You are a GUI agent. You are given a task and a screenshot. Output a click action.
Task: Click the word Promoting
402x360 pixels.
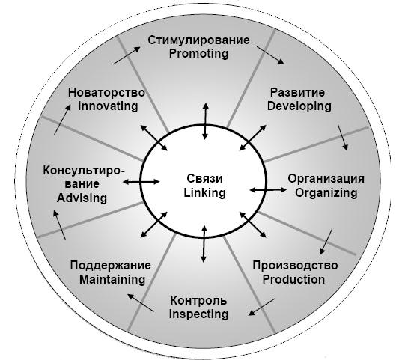click(198, 55)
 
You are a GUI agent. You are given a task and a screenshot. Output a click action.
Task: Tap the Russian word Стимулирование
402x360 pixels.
click(198, 40)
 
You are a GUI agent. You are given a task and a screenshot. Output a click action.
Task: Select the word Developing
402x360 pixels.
click(299, 106)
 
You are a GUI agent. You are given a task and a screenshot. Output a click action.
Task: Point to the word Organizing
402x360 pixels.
click(326, 193)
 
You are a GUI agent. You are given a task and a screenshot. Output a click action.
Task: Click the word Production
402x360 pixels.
click(293, 279)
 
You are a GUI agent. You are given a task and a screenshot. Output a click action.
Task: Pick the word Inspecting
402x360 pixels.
click(198, 314)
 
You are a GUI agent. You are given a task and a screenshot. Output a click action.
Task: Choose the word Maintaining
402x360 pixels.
click(112, 279)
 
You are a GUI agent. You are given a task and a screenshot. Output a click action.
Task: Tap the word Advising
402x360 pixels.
click(82, 198)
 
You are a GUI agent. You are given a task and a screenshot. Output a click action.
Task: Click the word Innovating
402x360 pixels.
click(108, 106)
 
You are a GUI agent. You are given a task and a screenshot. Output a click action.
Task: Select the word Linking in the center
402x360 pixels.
click(204, 193)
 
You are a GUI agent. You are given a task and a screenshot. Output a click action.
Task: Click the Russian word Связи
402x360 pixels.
click(204, 179)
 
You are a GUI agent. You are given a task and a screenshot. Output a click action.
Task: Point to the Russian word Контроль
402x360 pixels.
click(198, 301)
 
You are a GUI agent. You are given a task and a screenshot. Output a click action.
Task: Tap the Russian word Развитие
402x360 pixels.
click(297, 93)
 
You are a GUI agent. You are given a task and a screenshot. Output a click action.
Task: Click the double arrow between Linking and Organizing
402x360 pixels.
click(268, 190)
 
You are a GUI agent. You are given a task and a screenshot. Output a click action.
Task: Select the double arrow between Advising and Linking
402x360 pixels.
click(141, 182)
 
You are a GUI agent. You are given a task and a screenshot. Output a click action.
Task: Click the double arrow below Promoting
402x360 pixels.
click(205, 121)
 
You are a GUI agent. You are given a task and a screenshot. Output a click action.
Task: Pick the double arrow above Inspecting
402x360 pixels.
click(204, 244)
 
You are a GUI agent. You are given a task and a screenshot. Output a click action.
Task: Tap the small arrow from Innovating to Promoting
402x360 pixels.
click(127, 55)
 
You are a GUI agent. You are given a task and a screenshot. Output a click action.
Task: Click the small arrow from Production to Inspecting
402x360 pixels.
click(262, 307)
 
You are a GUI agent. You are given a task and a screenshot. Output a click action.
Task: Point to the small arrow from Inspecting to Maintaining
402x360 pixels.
click(141, 302)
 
